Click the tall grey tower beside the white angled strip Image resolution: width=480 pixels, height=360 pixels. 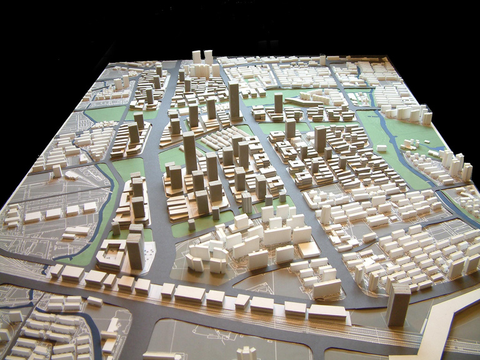(x=397, y=304)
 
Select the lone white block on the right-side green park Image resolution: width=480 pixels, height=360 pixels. (x=381, y=148)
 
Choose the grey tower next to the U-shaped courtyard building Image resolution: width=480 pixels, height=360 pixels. (x=134, y=251)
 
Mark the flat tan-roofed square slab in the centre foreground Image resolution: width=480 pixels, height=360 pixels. (x=309, y=249)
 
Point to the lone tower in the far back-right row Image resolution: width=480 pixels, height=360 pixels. (x=322, y=60)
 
